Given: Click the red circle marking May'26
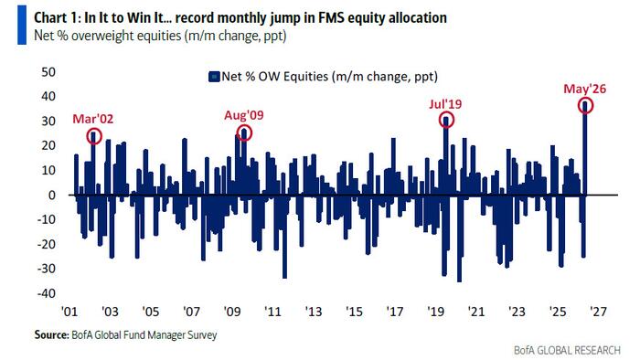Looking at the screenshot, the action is [585, 99].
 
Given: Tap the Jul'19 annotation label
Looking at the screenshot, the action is [445, 104].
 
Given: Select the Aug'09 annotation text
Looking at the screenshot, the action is [244, 115].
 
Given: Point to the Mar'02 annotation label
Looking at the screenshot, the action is [92, 119].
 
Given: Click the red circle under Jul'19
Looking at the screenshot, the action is [446, 113].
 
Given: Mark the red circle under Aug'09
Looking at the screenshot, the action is [244, 126].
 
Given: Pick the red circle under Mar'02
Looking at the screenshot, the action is [94, 129].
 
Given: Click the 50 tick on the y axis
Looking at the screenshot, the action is [48, 72].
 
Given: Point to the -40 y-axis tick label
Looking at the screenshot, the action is [46, 292].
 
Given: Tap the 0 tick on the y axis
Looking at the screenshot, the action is [51, 195].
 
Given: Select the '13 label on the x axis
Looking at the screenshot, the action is [314, 312].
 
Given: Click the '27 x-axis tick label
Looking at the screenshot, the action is [598, 312].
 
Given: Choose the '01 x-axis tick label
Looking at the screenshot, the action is [69, 312].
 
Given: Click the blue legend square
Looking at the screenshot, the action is [214, 77].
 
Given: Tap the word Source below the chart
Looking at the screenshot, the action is [52, 334].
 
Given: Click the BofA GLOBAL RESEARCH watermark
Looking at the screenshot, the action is [567, 350].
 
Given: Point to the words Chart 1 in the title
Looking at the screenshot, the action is [57, 18].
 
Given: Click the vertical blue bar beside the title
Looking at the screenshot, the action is [22, 25].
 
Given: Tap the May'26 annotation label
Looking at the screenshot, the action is [585, 89].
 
